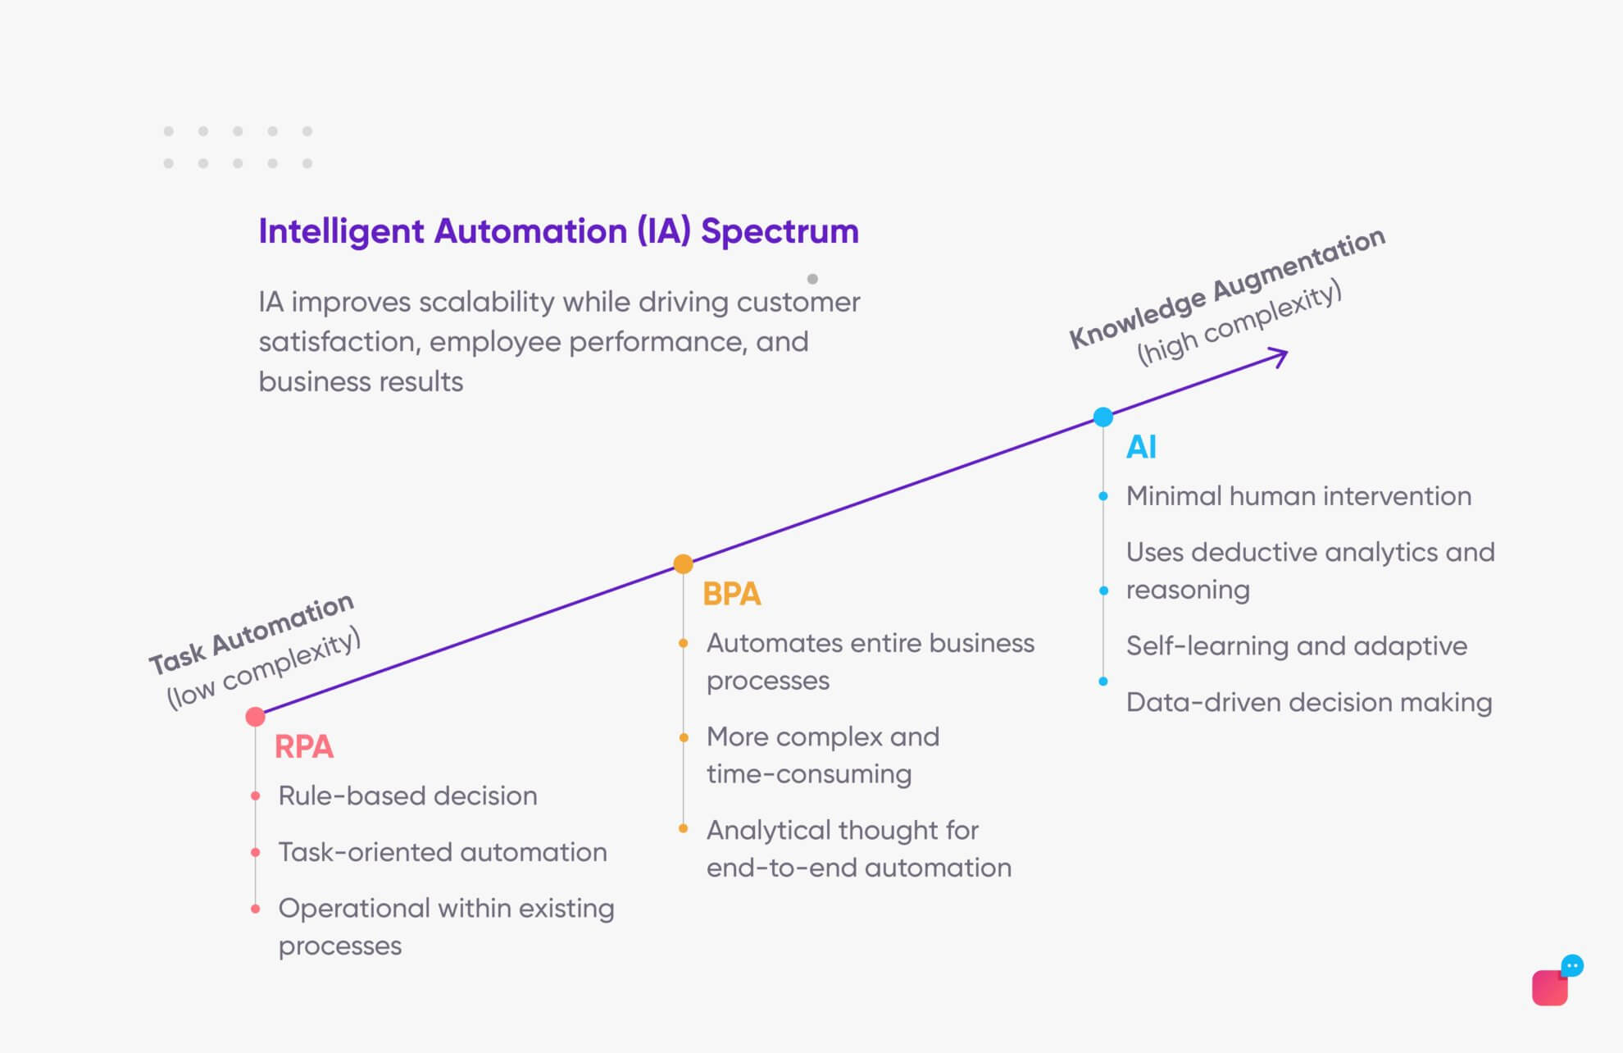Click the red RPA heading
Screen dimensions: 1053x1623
coord(303,747)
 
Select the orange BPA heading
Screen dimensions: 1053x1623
coord(731,594)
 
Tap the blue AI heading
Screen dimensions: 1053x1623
coord(1141,447)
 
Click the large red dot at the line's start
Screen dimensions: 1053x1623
coord(256,717)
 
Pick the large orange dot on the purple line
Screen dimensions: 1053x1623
coord(683,563)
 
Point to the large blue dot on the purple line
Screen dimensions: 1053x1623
coord(1103,417)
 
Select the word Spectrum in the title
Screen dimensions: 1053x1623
coord(780,231)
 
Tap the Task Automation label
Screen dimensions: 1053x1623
coord(251,633)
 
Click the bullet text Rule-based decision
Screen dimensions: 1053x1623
coord(407,795)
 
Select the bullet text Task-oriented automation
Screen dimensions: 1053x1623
coord(443,852)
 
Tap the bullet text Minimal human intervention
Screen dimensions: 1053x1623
coord(1298,496)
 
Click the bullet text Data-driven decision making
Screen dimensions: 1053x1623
coord(1308,703)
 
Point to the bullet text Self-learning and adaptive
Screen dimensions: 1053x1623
coord(1296,646)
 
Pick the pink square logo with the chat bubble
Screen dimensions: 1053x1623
coord(1553,985)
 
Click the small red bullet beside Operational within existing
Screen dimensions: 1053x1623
coord(256,909)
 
